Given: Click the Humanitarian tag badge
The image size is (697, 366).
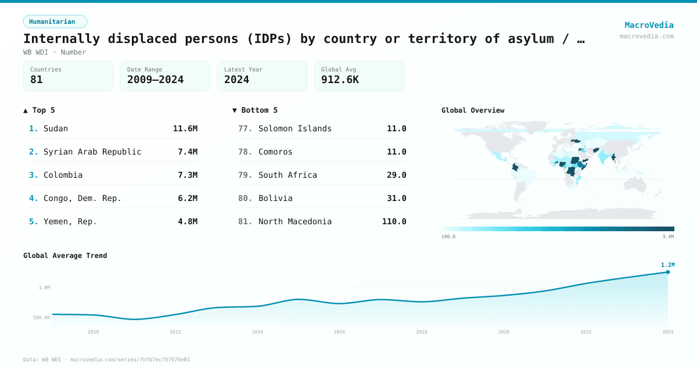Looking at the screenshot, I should [x=55, y=21].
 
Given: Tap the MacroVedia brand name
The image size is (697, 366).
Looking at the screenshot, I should [x=649, y=25].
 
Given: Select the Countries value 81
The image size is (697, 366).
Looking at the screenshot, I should [x=37, y=80].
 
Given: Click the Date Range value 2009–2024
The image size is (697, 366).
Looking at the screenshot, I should [x=155, y=80].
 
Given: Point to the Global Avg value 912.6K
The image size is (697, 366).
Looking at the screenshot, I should [x=340, y=80].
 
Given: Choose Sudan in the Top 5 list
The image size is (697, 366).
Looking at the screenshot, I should [x=56, y=128].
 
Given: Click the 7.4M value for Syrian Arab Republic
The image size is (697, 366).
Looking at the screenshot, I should [x=188, y=152].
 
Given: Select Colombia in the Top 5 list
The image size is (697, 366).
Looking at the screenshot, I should [x=63, y=175].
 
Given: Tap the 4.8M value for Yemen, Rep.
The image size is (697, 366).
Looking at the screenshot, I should [x=188, y=221].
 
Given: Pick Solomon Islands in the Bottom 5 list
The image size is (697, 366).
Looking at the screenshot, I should [x=295, y=128].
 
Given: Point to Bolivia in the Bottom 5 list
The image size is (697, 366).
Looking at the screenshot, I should [x=275, y=198].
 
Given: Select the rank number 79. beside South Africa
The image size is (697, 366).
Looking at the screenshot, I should [x=245, y=175].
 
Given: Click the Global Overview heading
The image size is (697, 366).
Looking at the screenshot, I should [x=473, y=110].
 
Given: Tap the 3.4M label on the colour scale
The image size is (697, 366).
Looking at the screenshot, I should [x=668, y=236].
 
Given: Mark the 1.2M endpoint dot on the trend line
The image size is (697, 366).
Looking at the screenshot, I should [x=668, y=272].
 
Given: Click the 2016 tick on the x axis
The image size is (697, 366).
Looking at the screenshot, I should [x=340, y=332].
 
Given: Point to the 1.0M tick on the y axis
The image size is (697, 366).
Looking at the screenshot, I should [x=45, y=288].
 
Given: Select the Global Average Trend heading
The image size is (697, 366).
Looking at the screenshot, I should [x=65, y=256].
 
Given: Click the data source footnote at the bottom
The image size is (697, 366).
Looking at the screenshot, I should [x=106, y=360].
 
